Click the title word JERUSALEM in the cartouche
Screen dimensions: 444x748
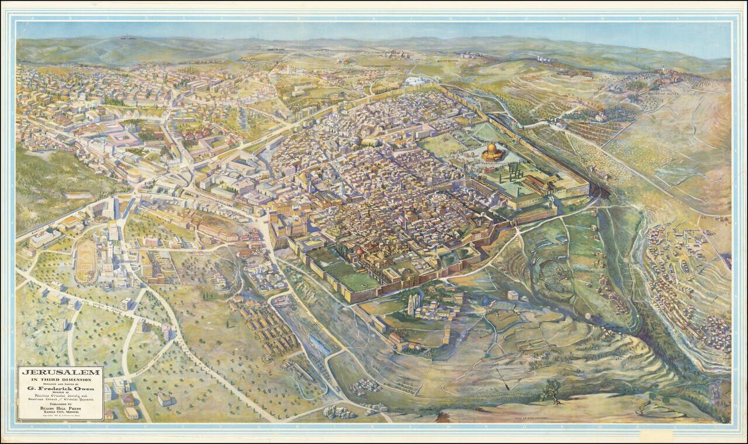(x=60, y=373)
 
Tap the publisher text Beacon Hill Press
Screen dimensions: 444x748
(x=60, y=408)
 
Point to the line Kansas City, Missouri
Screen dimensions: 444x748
(x=60, y=413)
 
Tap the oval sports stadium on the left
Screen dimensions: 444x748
(x=86, y=261)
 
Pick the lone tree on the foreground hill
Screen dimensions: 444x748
(x=551, y=391)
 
